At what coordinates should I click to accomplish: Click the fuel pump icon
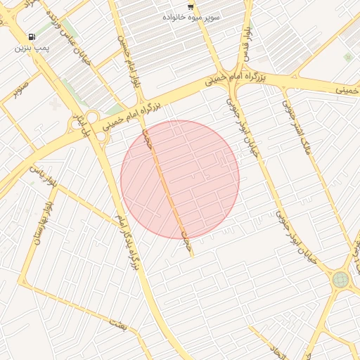pos(32,37)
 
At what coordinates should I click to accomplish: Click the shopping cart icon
pos(191,5)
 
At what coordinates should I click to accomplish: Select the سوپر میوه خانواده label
pos(192,15)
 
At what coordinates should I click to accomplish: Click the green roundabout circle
pos(340,280)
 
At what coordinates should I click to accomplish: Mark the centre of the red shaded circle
pos(180,179)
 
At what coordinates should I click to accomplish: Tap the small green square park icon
pos(347,57)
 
